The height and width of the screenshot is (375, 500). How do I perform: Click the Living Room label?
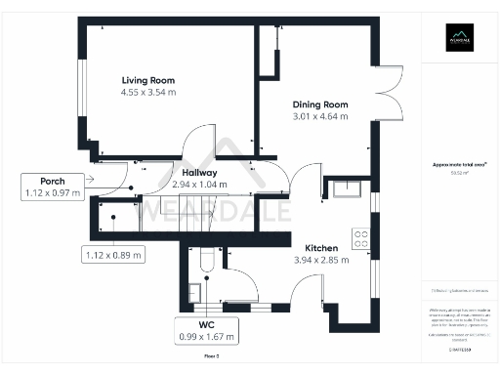[x=148, y=79]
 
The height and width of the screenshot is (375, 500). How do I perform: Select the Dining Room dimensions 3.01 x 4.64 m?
[x=320, y=116]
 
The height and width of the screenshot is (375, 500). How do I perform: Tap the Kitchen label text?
[x=321, y=248]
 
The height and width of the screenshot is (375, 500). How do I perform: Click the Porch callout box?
[x=53, y=187]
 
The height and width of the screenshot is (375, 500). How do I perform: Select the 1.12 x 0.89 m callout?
[x=112, y=255]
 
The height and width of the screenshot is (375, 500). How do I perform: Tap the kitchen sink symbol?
[x=346, y=187]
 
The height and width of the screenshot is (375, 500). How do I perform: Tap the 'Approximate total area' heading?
[x=458, y=165]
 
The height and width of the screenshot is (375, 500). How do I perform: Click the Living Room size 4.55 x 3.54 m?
[x=148, y=92]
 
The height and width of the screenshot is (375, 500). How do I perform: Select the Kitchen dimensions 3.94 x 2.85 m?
[x=321, y=261]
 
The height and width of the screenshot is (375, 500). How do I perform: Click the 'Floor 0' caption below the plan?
[x=211, y=358]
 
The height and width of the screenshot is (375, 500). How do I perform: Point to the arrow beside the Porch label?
[x=90, y=179]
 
